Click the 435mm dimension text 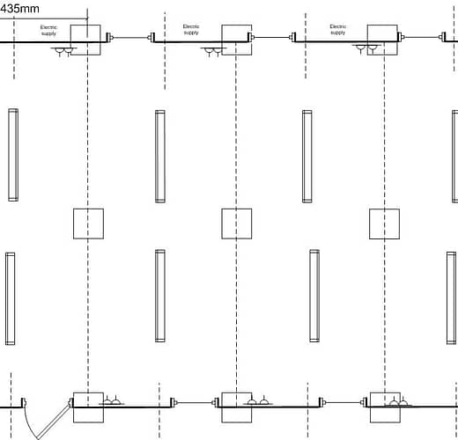tap(19, 9)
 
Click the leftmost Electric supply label tap(48, 30)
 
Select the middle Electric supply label tap(191, 29)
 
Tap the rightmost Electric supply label tap(338, 29)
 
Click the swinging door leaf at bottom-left tap(55, 421)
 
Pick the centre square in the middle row tap(237, 224)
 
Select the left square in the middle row tap(88, 224)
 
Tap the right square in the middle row tap(384, 224)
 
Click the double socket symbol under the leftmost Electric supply tap(63, 52)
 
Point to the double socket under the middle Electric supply tap(213, 52)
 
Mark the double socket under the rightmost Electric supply tap(366, 49)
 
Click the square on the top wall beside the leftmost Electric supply tap(85, 40)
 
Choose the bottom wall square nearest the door tap(88, 407)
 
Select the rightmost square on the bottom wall tap(385, 407)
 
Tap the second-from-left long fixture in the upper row tap(160, 157)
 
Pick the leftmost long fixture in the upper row tap(13, 155)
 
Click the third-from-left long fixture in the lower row tap(314, 296)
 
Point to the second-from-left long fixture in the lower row tap(160, 296)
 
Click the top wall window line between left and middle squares tap(130, 37)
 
